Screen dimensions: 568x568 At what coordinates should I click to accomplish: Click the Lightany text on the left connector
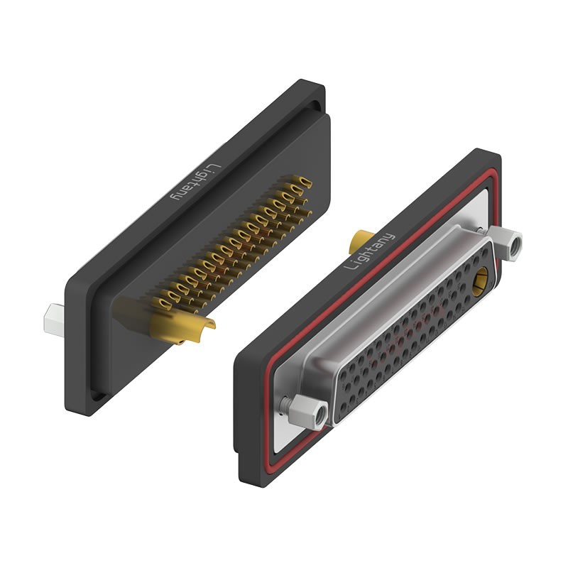196,182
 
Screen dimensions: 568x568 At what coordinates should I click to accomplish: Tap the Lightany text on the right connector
368,251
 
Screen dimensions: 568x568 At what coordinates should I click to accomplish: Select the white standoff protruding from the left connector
54,320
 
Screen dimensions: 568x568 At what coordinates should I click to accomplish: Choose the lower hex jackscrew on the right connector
308,412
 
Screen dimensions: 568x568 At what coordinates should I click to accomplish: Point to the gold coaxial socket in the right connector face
480,282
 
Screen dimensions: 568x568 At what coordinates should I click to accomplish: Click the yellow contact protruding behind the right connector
360,241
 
